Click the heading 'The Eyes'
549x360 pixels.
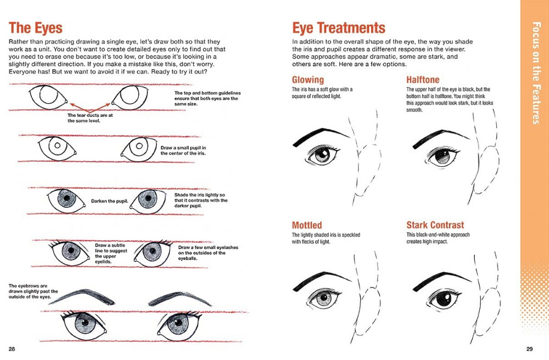pos(36,27)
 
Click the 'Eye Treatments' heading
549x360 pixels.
pos(339,27)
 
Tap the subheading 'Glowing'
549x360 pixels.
pos(308,80)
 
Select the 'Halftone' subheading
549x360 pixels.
pos(423,80)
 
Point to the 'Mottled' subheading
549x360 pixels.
pos(307,225)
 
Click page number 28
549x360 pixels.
pos(12,348)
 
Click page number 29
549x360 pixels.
pos(530,348)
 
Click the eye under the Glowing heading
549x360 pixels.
pos(321,156)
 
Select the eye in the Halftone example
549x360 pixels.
pos(441,157)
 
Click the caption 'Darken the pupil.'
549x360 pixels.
pos(110,201)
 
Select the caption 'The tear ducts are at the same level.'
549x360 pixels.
pos(89,118)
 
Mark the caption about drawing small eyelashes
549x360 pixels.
pos(208,250)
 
